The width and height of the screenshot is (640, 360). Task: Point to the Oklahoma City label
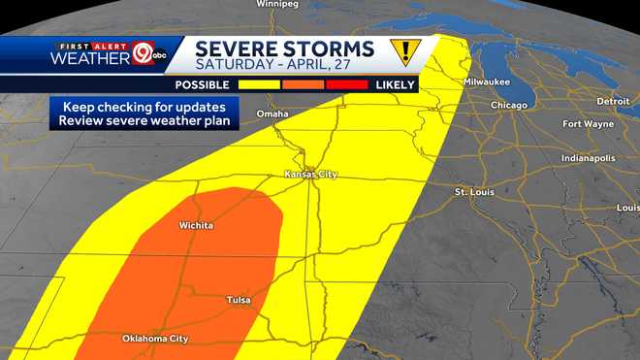(x=155, y=339)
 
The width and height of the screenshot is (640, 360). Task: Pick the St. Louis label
(x=474, y=192)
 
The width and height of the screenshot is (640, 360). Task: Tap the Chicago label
(x=509, y=105)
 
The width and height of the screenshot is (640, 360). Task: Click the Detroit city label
(x=613, y=101)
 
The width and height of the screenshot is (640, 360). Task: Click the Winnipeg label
(x=275, y=4)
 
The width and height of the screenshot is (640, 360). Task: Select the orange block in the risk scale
(x=304, y=84)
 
